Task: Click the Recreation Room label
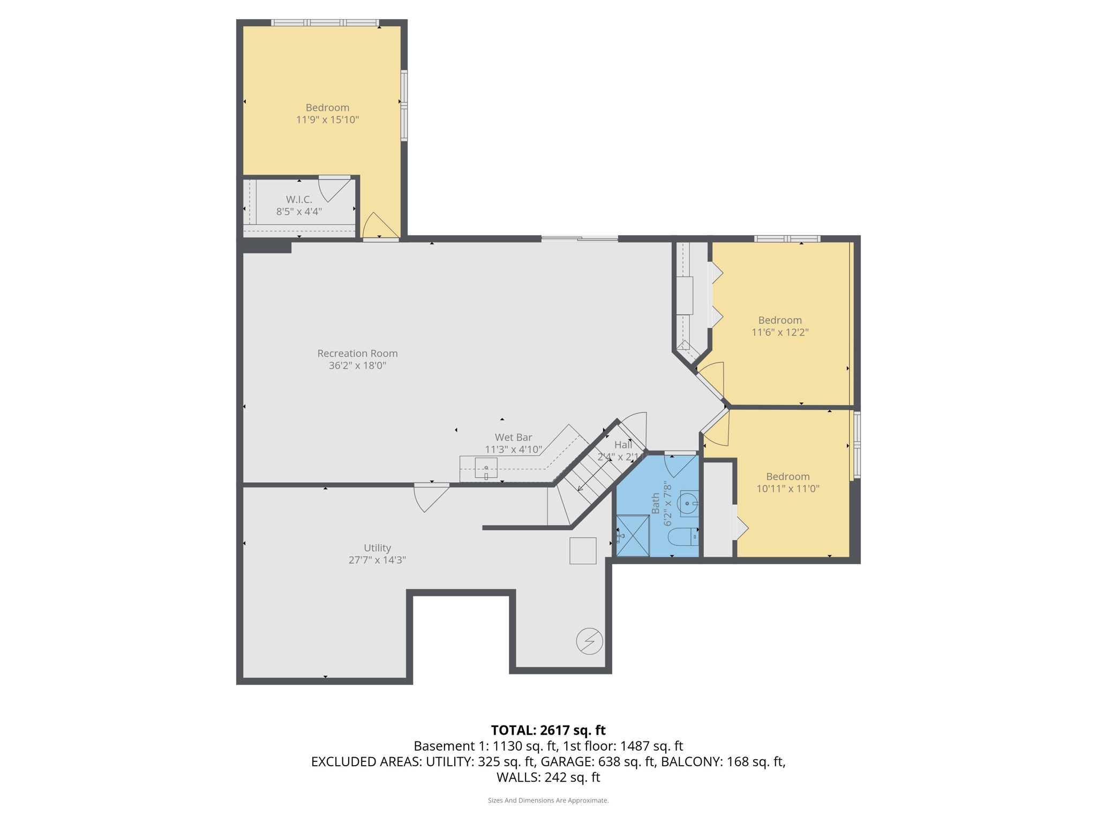(357, 354)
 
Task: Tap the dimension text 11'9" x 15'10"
(327, 120)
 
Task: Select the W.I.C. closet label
(299, 199)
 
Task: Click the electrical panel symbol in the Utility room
(589, 641)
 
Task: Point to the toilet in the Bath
(683, 536)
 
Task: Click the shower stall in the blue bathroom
(633, 535)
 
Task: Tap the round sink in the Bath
(687, 504)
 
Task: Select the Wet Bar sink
(486, 468)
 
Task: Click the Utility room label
(377, 548)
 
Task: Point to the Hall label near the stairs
(623, 445)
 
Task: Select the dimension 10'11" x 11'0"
(787, 489)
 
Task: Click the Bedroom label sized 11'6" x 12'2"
(779, 320)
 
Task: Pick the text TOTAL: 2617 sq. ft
(548, 730)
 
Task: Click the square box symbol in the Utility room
(583, 551)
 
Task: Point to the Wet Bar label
(513, 437)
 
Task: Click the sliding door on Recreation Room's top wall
(580, 239)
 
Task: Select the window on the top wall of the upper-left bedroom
(325, 23)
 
